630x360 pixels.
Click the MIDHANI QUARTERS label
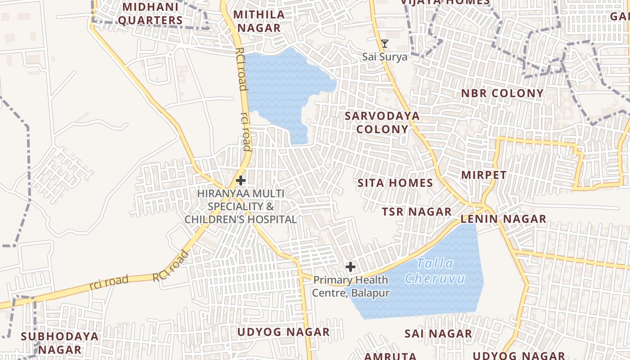150,14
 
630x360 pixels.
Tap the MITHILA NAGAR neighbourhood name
259,21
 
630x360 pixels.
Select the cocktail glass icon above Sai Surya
385,44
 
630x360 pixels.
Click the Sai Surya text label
385,57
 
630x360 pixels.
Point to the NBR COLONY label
502,94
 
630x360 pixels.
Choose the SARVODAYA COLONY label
382,122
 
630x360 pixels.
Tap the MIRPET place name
484,175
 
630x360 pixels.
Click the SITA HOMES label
395,183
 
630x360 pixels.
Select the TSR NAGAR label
417,212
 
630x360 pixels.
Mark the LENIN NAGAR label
503,219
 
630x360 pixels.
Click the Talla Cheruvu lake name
435,271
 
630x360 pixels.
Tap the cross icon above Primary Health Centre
351,267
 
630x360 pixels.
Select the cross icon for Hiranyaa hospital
241,181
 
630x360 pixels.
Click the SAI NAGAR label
438,334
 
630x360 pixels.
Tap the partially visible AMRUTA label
390,356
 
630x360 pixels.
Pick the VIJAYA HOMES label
445,2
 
